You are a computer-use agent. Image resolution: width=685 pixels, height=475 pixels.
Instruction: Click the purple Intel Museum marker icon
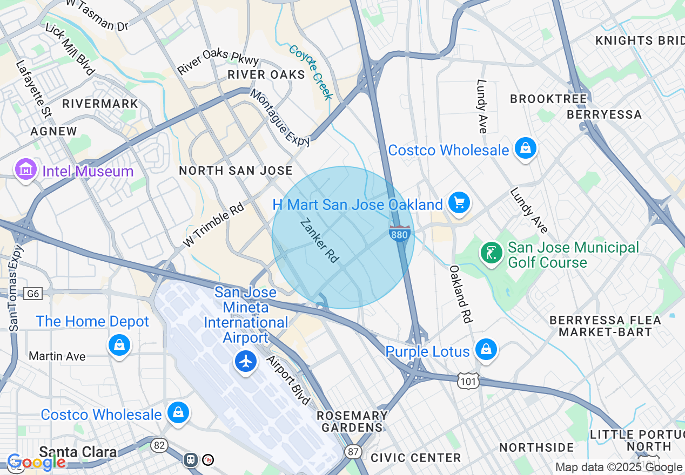[x=25, y=170]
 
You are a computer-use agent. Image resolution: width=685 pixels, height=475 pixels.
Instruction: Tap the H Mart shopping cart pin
[x=459, y=203]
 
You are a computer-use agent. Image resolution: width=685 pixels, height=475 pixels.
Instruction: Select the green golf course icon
[x=491, y=253]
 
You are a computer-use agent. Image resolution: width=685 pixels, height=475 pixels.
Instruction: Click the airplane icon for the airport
[x=246, y=361]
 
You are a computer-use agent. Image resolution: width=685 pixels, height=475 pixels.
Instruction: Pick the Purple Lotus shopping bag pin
[x=486, y=349]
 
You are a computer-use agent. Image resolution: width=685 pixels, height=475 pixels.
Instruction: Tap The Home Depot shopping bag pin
[x=119, y=344]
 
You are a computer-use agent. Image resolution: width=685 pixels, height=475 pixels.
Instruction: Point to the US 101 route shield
[x=467, y=381]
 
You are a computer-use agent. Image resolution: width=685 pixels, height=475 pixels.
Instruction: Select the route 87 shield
[x=353, y=451]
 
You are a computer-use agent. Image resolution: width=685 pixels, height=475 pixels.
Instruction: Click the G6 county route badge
[x=33, y=294]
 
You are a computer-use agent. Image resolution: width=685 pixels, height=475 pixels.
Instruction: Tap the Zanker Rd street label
[x=319, y=241]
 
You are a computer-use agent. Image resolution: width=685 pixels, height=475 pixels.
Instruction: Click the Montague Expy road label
[x=280, y=118]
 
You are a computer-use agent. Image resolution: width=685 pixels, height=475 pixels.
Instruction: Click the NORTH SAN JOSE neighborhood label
[x=236, y=171]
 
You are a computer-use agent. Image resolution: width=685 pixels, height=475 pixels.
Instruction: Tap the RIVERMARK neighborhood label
[x=100, y=104]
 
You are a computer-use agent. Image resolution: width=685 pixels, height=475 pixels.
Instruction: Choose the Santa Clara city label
[x=78, y=452]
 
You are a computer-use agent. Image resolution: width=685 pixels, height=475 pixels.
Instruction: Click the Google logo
[x=36, y=462]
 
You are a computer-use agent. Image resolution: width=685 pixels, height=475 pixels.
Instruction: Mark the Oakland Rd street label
[x=461, y=294]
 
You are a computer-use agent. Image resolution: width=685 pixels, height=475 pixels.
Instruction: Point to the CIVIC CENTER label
[x=415, y=458]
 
